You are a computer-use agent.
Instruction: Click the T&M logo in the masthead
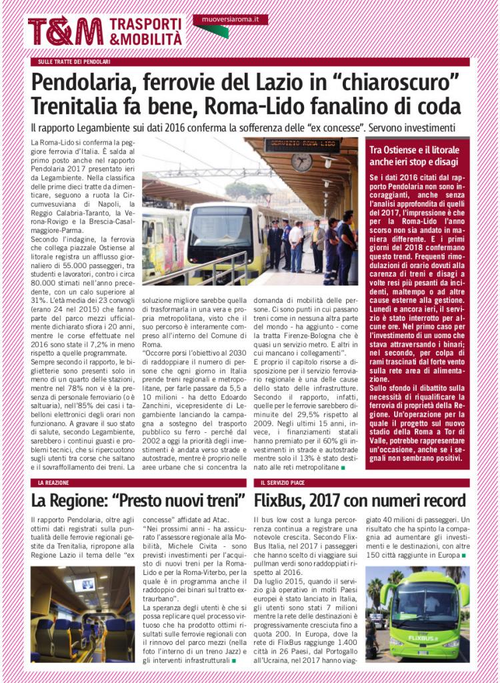[x=65, y=31]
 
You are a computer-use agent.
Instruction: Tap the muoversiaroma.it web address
[x=230, y=20]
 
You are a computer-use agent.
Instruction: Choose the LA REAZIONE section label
[x=51, y=482]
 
